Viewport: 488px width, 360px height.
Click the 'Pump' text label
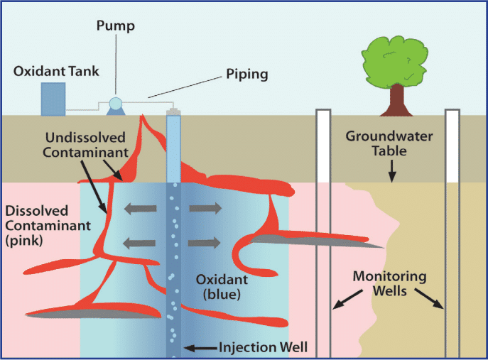[x=113, y=28]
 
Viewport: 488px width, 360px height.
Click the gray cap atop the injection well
[x=173, y=112]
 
